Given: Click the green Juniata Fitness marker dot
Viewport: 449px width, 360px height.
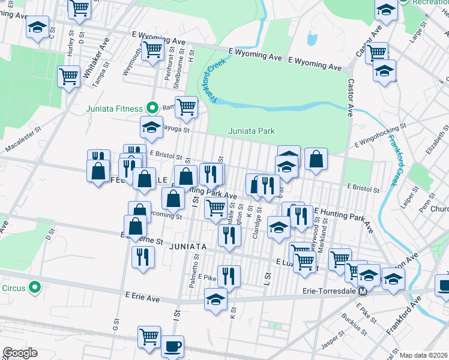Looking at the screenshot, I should click(x=152, y=108).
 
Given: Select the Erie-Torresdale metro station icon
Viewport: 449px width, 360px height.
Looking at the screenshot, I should click(x=363, y=292).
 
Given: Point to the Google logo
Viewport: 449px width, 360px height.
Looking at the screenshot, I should click(x=20, y=353).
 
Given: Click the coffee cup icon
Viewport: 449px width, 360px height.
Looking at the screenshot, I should click(x=173, y=346).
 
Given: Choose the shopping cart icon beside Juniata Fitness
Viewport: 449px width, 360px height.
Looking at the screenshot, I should click(x=187, y=107).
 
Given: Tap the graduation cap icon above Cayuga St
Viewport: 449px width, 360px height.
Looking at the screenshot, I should click(x=152, y=126).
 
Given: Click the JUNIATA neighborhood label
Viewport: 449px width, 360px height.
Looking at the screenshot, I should click(x=188, y=247).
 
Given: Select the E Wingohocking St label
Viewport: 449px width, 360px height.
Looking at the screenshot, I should click(x=381, y=134).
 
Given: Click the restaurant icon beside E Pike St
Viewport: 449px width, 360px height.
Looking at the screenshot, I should click(x=229, y=277).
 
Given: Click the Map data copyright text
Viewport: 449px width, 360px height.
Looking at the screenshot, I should click(x=423, y=355).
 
